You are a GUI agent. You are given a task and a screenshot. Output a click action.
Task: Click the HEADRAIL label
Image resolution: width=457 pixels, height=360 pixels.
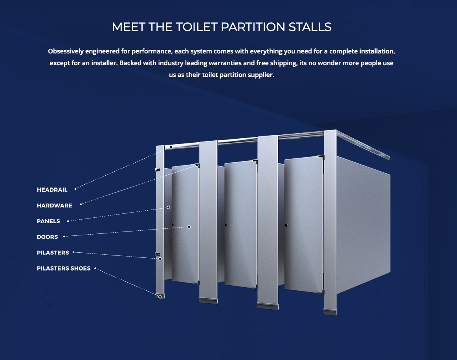pyautogui.click(x=52, y=190)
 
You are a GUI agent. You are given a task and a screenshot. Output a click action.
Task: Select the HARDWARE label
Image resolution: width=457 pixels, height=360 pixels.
pyautogui.click(x=55, y=206)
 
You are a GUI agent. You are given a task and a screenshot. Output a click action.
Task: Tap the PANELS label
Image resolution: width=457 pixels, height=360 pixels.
pyautogui.click(x=48, y=221)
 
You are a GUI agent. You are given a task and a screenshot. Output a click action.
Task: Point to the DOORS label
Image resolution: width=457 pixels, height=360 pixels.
pyautogui.click(x=47, y=237)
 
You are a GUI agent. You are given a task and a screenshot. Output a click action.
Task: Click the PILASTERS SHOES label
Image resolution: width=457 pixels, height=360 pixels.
pyautogui.click(x=64, y=268)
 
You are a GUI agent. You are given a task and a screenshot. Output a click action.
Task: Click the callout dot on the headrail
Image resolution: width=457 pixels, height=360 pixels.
pyautogui.click(x=171, y=147)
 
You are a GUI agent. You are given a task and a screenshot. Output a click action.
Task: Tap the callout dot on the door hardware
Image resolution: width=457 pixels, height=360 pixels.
pyautogui.click(x=197, y=165)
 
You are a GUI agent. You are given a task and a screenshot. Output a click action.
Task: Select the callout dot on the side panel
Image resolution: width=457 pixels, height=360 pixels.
pyautogui.click(x=168, y=207)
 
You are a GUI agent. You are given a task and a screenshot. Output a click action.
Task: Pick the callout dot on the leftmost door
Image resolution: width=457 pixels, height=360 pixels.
pyautogui.click(x=189, y=227)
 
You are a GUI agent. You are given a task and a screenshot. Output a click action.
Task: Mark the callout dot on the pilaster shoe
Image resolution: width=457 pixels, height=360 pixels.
pyautogui.click(x=160, y=297)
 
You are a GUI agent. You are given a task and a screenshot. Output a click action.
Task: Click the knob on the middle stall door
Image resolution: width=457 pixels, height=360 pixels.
pyautogui.click(x=226, y=225)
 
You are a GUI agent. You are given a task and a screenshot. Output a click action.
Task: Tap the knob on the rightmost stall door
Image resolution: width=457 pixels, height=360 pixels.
pyautogui.click(x=286, y=225)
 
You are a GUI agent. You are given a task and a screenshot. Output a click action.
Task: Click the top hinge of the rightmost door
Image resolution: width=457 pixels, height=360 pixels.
pyautogui.click(x=321, y=158)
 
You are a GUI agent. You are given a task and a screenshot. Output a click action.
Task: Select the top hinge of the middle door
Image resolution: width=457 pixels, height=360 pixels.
pyautogui.click(x=255, y=161)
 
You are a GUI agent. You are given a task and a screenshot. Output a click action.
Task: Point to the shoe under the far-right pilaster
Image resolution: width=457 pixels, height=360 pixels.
pyautogui.click(x=330, y=312)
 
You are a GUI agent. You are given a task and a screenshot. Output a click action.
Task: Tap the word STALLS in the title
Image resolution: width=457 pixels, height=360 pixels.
pyautogui.click(x=310, y=27)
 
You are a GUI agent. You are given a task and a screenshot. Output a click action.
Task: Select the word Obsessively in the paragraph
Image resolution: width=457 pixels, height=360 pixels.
pyautogui.click(x=66, y=51)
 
